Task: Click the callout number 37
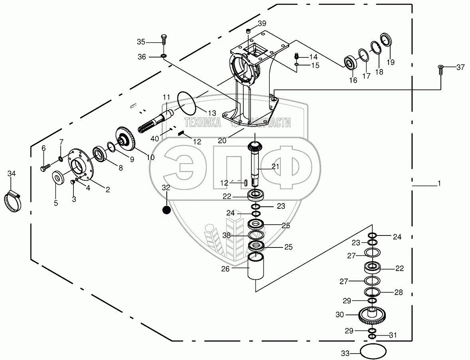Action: pos(460,67)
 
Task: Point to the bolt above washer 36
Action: pos(163,42)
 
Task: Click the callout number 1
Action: pos(439,184)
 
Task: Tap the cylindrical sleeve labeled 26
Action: pos(255,267)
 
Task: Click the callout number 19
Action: pos(390,62)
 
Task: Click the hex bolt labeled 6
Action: pos(44,166)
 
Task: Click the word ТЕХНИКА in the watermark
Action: pos(202,123)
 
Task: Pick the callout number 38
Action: pos(227,235)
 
